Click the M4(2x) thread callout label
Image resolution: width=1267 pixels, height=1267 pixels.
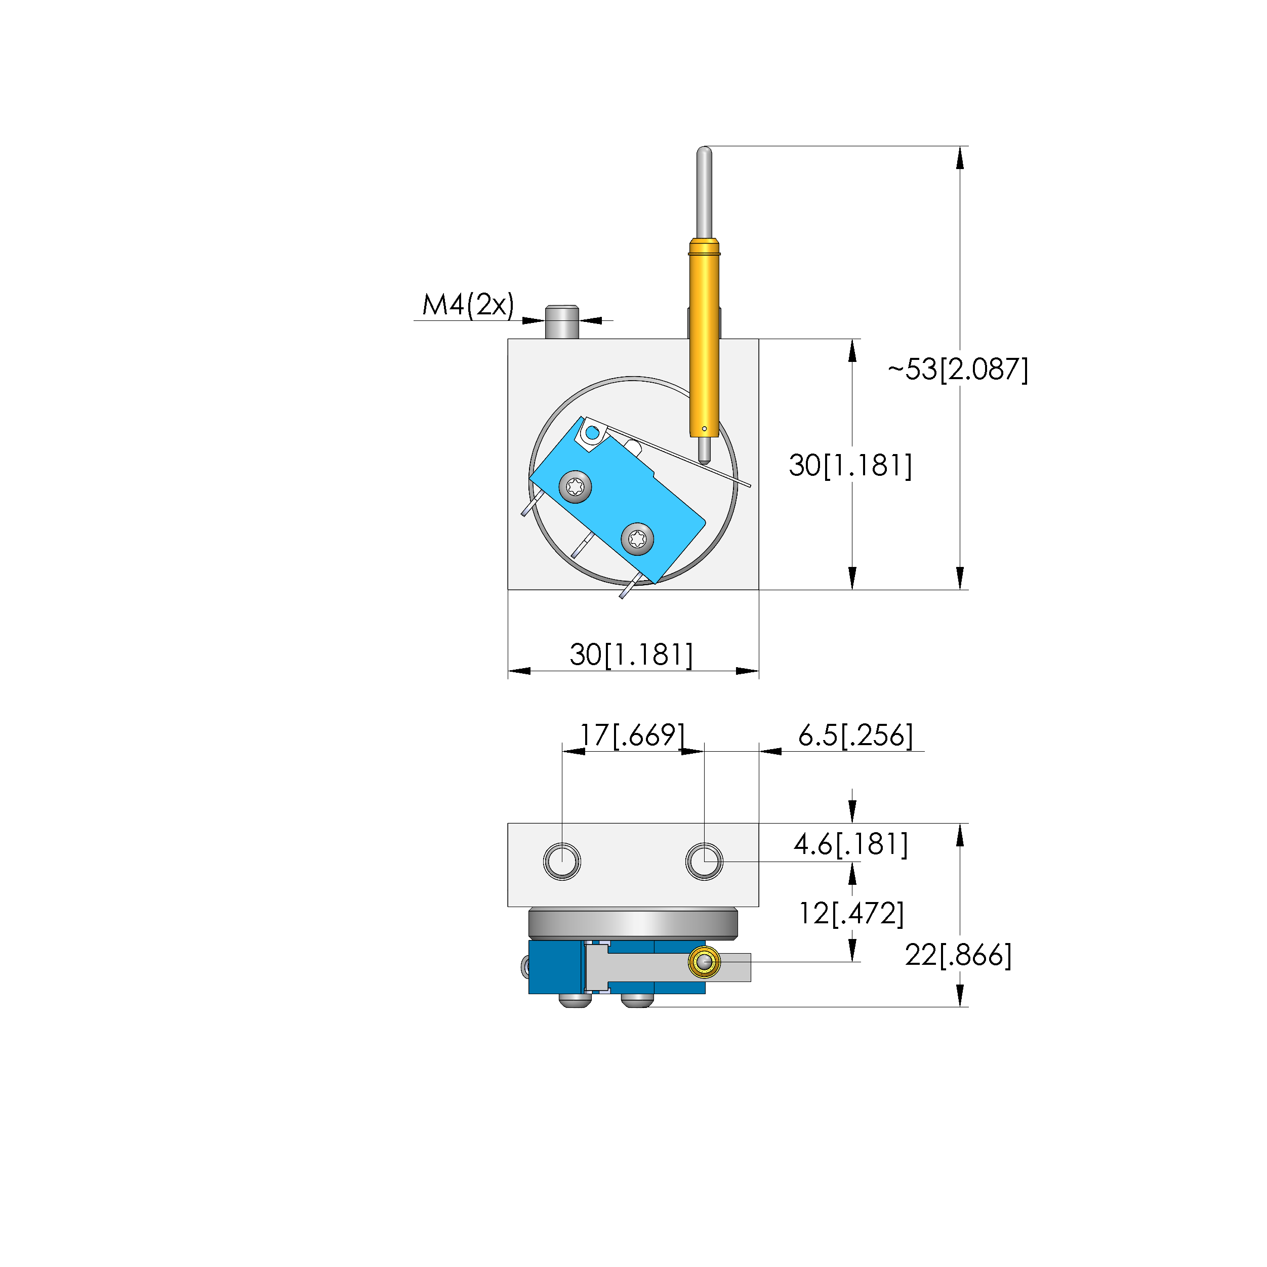coord(468,305)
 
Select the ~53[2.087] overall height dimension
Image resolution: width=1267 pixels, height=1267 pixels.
coord(958,369)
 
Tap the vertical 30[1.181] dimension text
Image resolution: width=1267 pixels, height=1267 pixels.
coord(850,465)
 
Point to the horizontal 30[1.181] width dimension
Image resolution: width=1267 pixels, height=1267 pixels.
coord(631,655)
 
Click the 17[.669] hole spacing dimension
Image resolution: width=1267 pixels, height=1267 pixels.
coord(632,735)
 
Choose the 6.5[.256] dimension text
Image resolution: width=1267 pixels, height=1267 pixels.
coord(855,735)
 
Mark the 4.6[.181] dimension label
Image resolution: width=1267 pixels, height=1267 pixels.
coord(850,844)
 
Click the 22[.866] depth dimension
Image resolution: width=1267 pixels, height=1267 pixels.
coord(958,955)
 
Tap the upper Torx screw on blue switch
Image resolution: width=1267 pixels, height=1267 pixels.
coord(575,486)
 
